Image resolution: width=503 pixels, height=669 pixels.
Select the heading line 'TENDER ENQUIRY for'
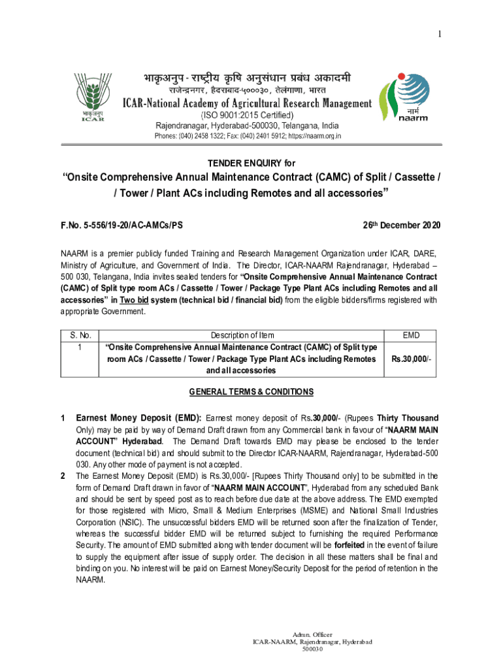[x=251, y=163]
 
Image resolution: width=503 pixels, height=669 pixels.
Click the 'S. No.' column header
[x=79, y=335]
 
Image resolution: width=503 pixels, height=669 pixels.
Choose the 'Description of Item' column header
[x=242, y=335]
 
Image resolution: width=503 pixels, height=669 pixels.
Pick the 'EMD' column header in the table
[x=411, y=335]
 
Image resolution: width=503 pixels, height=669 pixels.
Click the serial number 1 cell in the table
[x=79, y=348]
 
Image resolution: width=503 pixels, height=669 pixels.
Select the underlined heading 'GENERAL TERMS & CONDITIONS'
[x=251, y=392]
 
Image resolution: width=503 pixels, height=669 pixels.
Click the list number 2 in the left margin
[x=63, y=476]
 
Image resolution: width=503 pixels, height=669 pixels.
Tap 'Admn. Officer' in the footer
[x=312, y=634]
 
